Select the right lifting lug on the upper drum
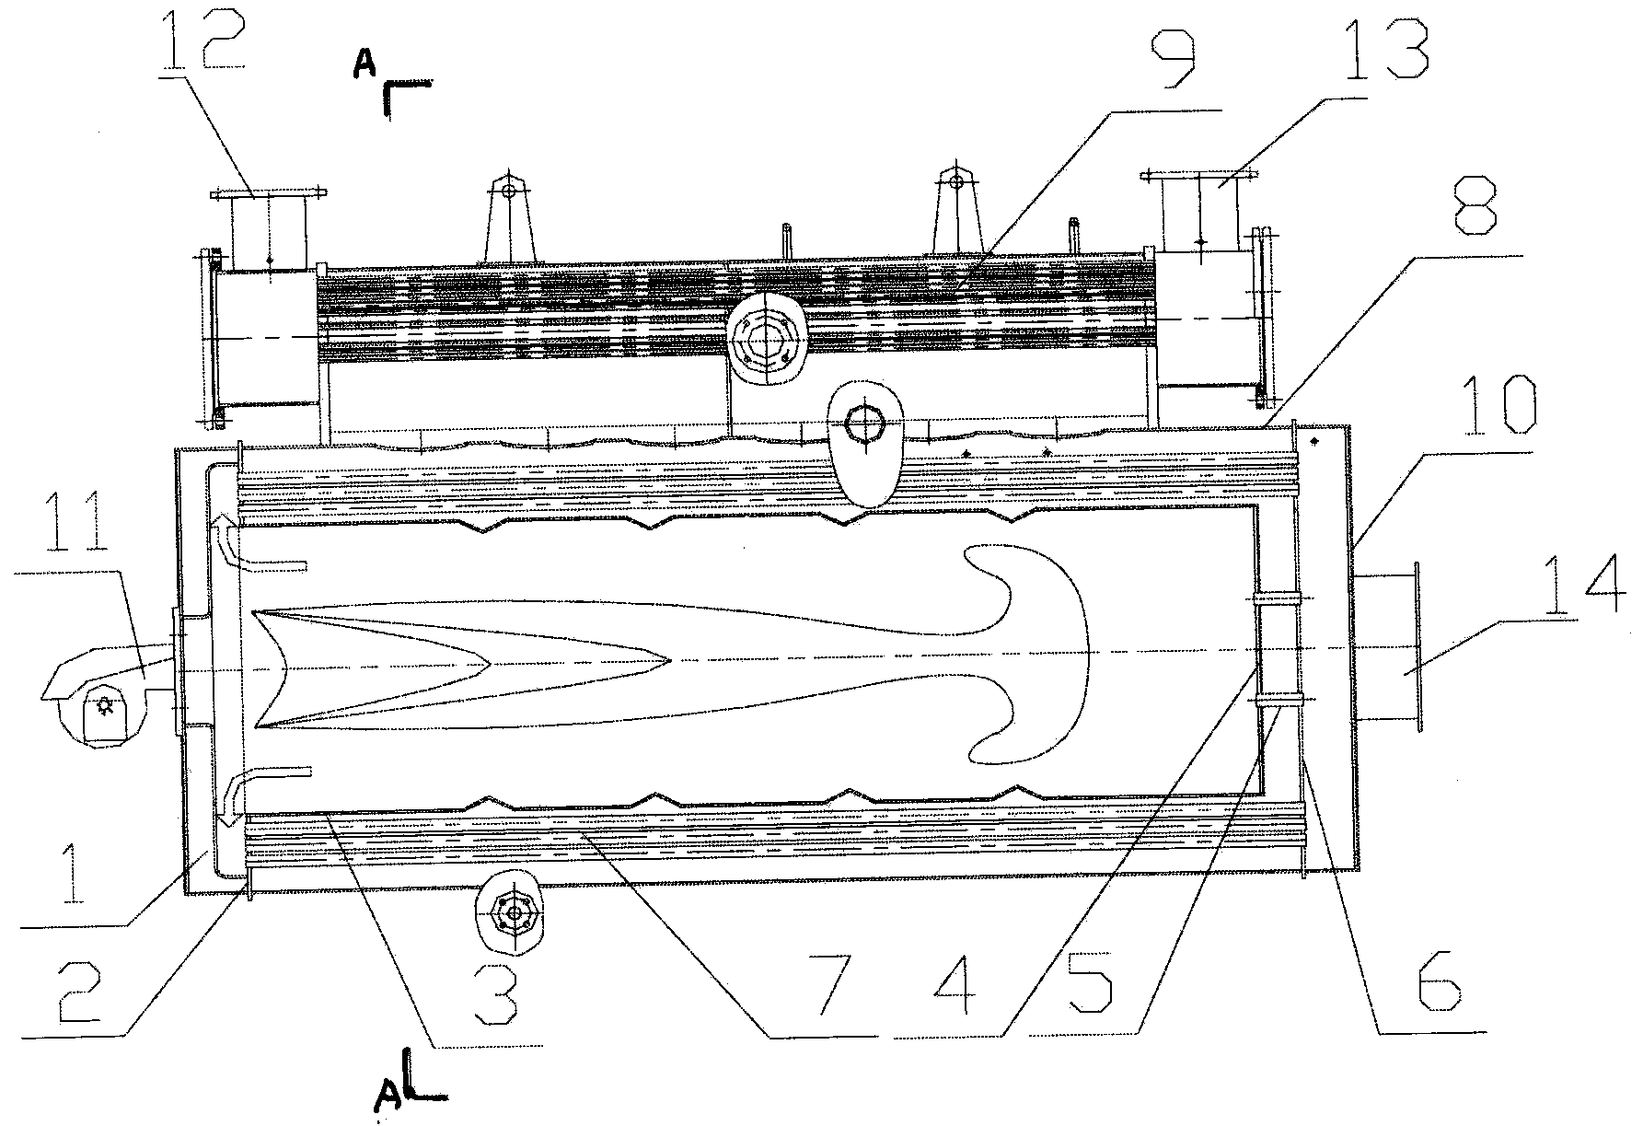[x=956, y=212]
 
